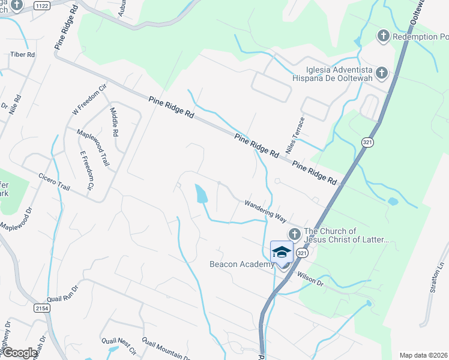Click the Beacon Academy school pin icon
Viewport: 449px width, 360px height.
point(281,252)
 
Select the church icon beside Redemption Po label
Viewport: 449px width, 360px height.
point(382,37)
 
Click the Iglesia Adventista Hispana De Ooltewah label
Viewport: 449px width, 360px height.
point(340,73)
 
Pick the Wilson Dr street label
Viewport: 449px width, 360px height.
point(310,278)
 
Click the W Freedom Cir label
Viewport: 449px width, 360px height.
point(89,100)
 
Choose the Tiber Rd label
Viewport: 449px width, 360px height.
point(23,55)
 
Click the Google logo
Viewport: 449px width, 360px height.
point(20,353)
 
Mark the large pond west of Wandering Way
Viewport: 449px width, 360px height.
point(200,193)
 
